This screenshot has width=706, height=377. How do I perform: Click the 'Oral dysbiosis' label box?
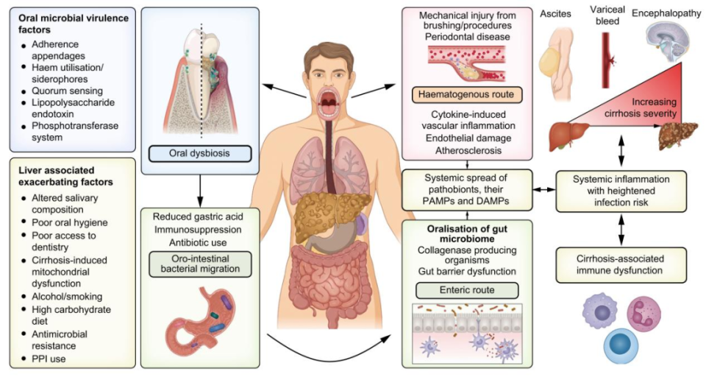pos(200,153)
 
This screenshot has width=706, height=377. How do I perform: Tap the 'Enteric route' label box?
pos(467,290)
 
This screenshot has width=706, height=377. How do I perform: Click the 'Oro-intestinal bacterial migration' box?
pos(200,264)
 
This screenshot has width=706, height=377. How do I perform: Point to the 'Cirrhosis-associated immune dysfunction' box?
pos(621,265)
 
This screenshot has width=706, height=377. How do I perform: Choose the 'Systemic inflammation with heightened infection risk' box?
pos(621,191)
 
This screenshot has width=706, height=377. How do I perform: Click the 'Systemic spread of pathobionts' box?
pos(467,190)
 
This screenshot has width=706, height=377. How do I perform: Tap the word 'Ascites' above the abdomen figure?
pos(555,14)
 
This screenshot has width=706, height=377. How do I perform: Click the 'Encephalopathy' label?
pos(666,13)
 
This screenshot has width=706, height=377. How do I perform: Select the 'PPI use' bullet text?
pos(49,359)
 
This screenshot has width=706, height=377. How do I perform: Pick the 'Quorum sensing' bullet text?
pos(67,91)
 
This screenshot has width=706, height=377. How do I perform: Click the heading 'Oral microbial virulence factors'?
pos(74,24)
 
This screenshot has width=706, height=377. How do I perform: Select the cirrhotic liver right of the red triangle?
pos(677,135)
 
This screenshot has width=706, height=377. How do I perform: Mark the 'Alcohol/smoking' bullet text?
pos(67,297)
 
